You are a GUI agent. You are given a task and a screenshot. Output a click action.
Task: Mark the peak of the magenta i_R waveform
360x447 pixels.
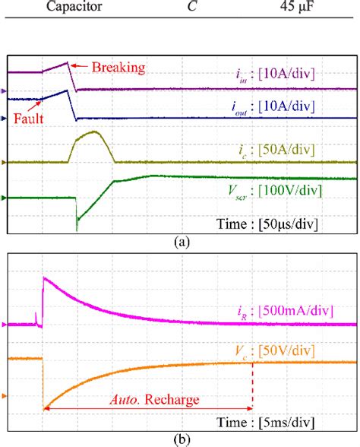pos(44,278)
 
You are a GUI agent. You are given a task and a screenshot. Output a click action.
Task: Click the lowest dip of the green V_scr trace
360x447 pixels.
pos(77,228)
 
